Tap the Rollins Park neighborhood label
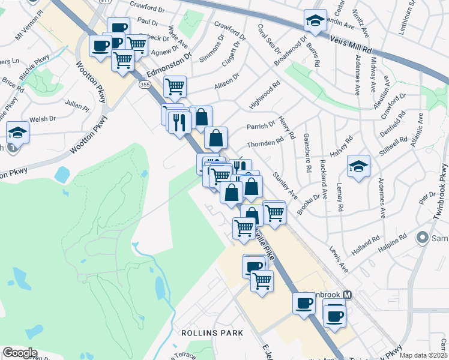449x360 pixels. tap(212, 332)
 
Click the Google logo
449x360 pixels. tap(20, 353)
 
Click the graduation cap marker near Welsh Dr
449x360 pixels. tap(18, 133)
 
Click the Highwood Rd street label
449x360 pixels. tap(265, 96)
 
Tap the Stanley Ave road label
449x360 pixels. tap(285, 186)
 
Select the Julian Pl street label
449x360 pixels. tap(77, 106)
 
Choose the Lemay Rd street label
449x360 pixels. tap(340, 197)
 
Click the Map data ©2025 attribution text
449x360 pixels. tap(423, 355)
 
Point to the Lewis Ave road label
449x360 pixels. tap(338, 256)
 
